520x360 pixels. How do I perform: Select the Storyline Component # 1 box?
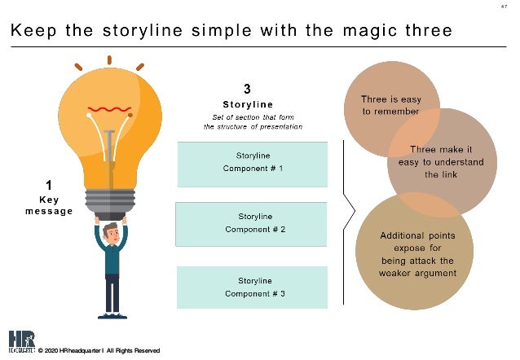pyautogui.click(x=253, y=163)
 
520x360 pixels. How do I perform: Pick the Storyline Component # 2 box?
pyautogui.click(x=253, y=223)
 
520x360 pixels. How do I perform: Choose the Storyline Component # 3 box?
pyautogui.click(x=253, y=286)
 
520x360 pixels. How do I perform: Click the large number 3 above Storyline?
pyautogui.click(x=247, y=88)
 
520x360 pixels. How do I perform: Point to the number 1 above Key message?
pyautogui.click(x=48, y=185)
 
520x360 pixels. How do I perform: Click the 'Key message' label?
pyautogui.click(x=48, y=204)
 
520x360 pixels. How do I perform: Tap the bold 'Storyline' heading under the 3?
pyautogui.click(x=247, y=104)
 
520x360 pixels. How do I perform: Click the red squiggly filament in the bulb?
pyautogui.click(x=110, y=108)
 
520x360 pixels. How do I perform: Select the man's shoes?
pyautogui.click(x=111, y=314)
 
